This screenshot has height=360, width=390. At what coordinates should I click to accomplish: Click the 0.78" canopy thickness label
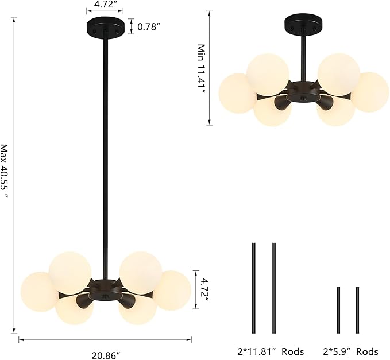[148, 26]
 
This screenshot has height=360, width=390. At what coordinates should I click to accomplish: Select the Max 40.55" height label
[5, 171]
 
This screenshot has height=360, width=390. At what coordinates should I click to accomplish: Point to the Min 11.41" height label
[201, 69]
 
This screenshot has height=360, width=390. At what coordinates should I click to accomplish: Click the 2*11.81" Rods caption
[271, 351]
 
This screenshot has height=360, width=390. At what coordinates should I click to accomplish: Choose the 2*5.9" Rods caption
[351, 351]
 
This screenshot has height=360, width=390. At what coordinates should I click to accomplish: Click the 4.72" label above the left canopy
[105, 5]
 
